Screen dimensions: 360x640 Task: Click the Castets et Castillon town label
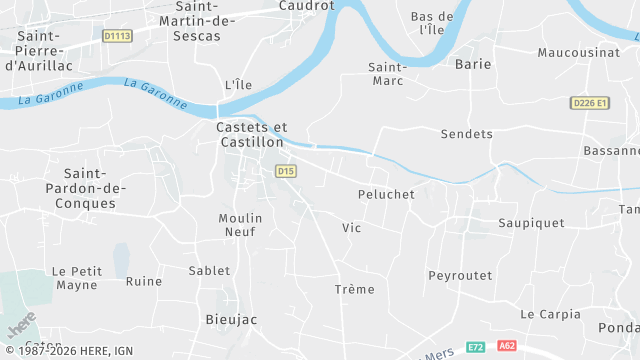[251, 135]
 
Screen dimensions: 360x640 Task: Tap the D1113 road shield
[117, 36]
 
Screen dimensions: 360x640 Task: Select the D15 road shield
[286, 171]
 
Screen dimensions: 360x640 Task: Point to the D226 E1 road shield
[591, 102]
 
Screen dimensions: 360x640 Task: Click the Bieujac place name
[231, 319]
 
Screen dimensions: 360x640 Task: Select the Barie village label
[473, 63]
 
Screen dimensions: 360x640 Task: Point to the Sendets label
[467, 133]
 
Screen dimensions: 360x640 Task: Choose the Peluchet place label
[386, 194]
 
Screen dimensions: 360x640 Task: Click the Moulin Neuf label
[241, 224]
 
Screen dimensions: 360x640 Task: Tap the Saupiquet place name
[531, 222]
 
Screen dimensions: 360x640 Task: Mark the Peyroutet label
[460, 275]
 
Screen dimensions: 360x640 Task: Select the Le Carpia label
[550, 314]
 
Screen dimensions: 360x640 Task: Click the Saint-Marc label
[387, 73]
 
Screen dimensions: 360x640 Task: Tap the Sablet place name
[209, 270]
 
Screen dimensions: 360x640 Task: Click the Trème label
[354, 289]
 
